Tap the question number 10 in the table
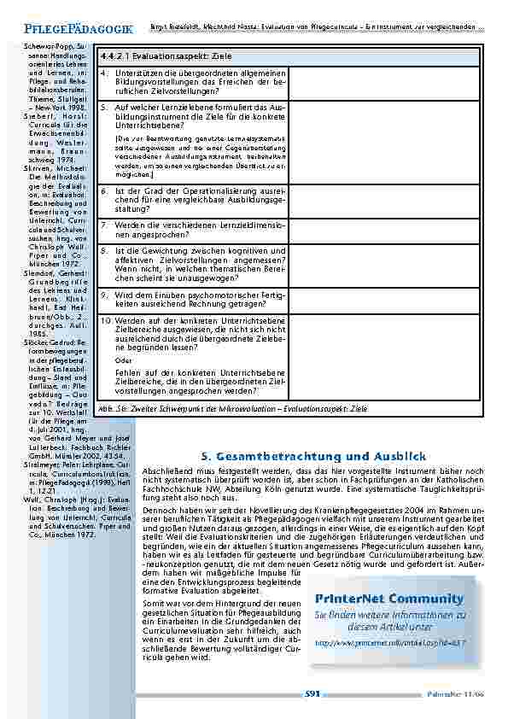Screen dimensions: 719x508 tap(105, 320)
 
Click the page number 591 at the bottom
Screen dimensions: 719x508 tap(312, 695)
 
